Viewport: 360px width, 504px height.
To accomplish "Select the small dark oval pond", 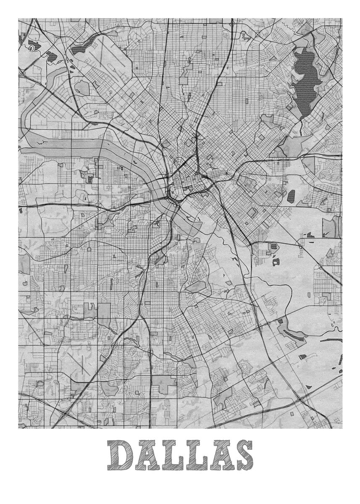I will [291, 195].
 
